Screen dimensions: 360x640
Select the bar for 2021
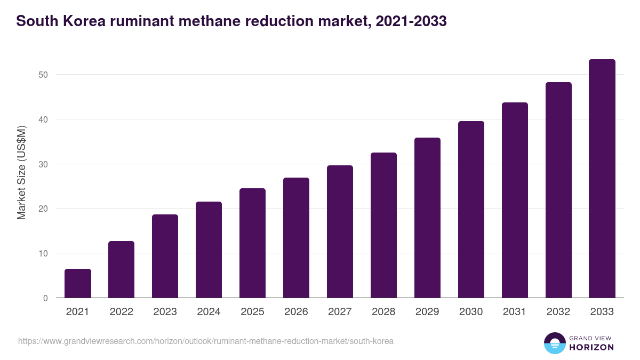pyautogui.click(x=78, y=283)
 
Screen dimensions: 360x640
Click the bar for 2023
pyautogui.click(x=165, y=256)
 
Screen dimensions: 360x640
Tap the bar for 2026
pyautogui.click(x=296, y=238)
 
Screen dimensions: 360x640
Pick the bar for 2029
pyautogui.click(x=427, y=218)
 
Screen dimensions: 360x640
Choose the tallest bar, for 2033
pyautogui.click(x=602, y=179)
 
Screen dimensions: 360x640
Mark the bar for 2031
pyautogui.click(x=515, y=200)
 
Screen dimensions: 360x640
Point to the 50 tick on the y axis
pyautogui.click(x=43, y=75)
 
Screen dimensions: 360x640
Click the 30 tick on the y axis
pyautogui.click(x=43, y=164)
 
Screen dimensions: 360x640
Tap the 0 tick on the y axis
pyautogui.click(x=46, y=298)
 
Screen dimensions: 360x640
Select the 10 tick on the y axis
pyautogui.click(x=43, y=253)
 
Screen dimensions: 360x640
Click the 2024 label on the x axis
pyautogui.click(x=209, y=312)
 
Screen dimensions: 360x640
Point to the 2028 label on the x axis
pyautogui.click(x=383, y=312)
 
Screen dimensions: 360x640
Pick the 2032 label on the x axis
pyautogui.click(x=558, y=312)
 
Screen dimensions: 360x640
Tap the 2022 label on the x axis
pyautogui.click(x=121, y=312)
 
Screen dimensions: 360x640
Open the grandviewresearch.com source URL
pyautogui.click(x=206, y=341)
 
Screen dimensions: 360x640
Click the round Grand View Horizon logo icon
pyautogui.click(x=555, y=343)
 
